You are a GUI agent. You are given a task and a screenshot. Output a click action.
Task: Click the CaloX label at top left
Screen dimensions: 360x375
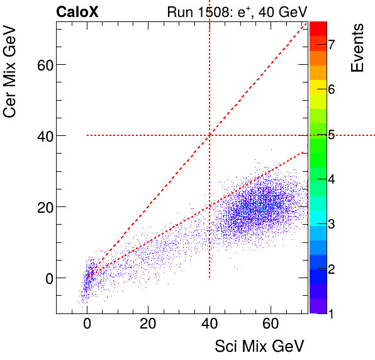point(77,12)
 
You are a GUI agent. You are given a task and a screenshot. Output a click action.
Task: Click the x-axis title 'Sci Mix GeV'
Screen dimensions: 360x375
point(260,346)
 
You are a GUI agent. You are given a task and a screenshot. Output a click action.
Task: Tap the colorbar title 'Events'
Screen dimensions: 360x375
point(357,48)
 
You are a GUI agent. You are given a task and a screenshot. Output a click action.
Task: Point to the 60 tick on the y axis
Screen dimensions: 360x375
point(42,64)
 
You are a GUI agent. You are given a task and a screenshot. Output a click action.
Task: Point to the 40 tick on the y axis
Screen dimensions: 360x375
point(42,135)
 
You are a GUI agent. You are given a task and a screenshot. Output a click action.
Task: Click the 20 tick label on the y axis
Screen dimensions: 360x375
point(42,206)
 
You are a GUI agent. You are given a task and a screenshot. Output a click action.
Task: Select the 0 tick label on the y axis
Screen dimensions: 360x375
point(45,278)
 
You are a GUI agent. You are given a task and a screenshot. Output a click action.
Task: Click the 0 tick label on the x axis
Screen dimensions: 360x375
point(87,324)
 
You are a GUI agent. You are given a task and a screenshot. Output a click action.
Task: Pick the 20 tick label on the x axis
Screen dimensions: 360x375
point(148,324)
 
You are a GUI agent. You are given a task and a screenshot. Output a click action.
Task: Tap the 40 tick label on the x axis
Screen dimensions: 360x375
point(209,324)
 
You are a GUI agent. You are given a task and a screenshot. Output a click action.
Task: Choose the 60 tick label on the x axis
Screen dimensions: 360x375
point(270,324)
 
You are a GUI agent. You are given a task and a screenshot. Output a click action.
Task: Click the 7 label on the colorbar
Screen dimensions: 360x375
point(330,43)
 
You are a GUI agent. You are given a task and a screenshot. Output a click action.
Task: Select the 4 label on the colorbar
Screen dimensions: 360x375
point(330,179)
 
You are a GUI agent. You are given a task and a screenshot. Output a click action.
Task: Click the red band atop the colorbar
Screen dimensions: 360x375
point(318,28)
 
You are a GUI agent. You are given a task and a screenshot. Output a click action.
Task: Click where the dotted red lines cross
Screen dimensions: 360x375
point(209,135)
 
